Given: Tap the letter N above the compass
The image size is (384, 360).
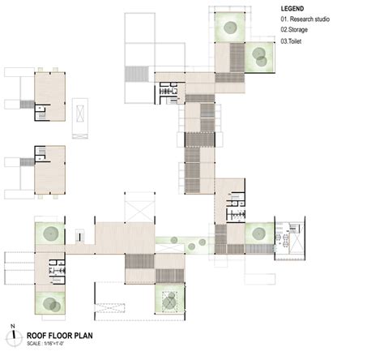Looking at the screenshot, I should click(x=13, y=324).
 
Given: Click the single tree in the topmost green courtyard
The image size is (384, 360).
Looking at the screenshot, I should click(x=228, y=29).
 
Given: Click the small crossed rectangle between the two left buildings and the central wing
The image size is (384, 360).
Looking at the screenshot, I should click(x=79, y=109).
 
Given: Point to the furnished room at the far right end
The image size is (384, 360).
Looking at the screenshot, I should click(x=291, y=238).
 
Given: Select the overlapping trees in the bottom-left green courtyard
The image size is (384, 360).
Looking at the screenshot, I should click(x=50, y=302).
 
